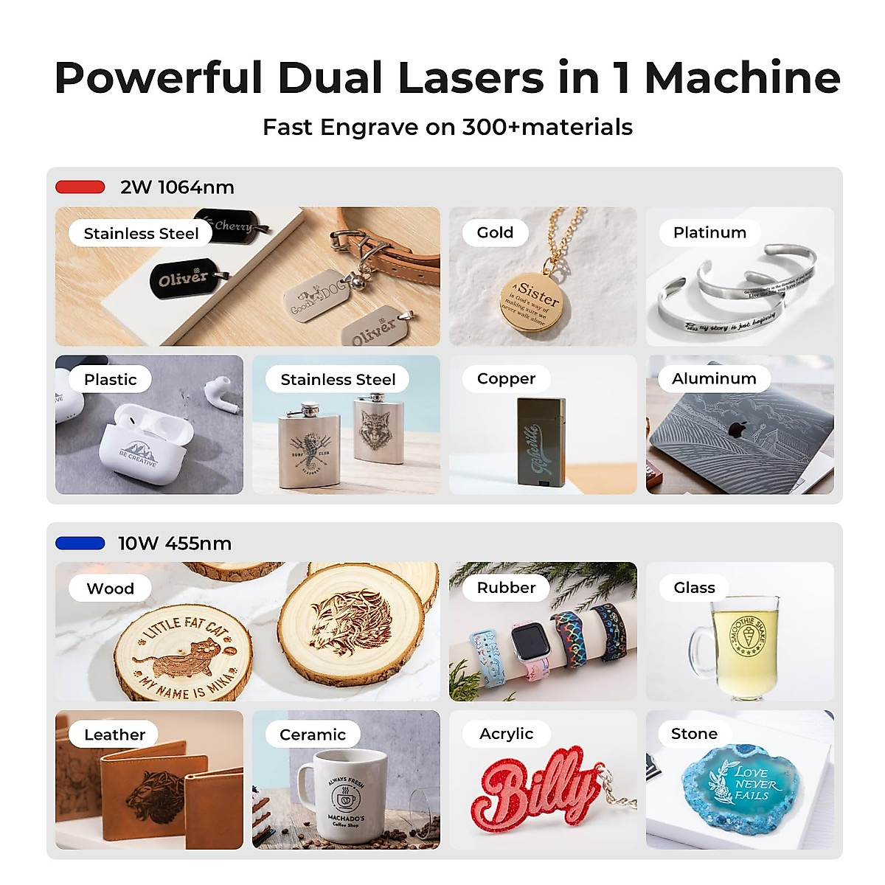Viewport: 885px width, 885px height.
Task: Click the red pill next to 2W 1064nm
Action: click(x=80, y=187)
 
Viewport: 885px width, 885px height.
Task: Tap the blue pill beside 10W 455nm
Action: click(x=80, y=544)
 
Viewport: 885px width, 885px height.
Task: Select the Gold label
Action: click(x=495, y=232)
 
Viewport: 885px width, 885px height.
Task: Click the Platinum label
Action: click(x=709, y=232)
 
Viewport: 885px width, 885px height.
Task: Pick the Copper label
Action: click(x=506, y=378)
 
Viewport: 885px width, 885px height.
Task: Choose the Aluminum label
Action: click(x=714, y=378)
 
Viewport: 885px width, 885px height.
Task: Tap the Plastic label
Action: click(x=110, y=379)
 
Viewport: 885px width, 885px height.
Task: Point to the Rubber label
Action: click(x=506, y=587)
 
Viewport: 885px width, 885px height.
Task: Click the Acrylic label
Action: click(x=506, y=733)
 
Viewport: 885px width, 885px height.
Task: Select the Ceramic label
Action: click(x=313, y=734)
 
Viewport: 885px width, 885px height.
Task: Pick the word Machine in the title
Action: click(x=742, y=77)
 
